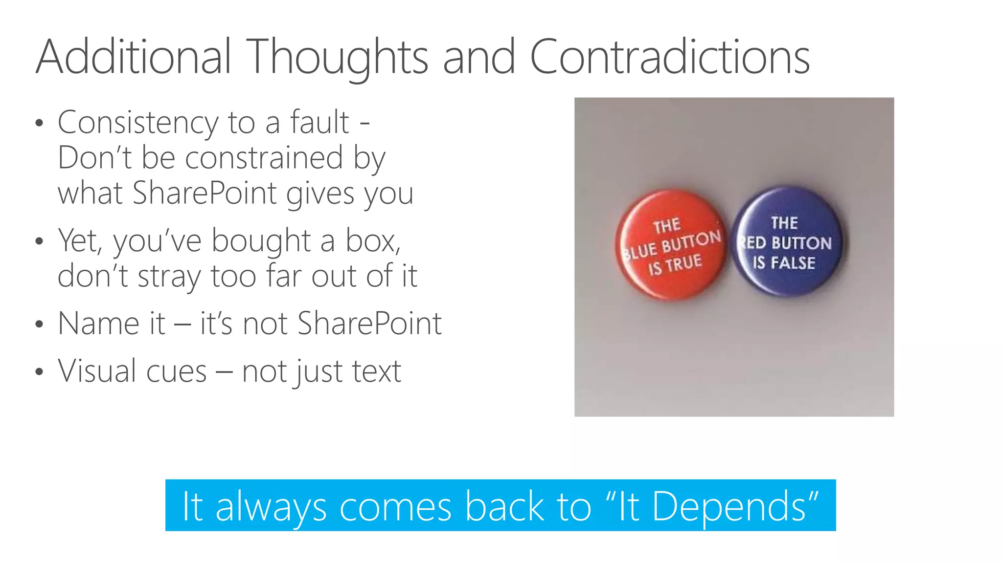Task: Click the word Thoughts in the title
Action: point(337,58)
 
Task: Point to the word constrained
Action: point(264,158)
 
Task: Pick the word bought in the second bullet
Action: point(261,241)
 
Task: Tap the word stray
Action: point(169,277)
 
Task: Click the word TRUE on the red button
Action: point(683,264)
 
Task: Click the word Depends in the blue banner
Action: point(729,506)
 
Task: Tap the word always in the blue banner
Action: point(271,507)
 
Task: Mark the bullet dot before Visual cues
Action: point(40,371)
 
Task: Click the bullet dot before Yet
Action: point(40,241)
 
